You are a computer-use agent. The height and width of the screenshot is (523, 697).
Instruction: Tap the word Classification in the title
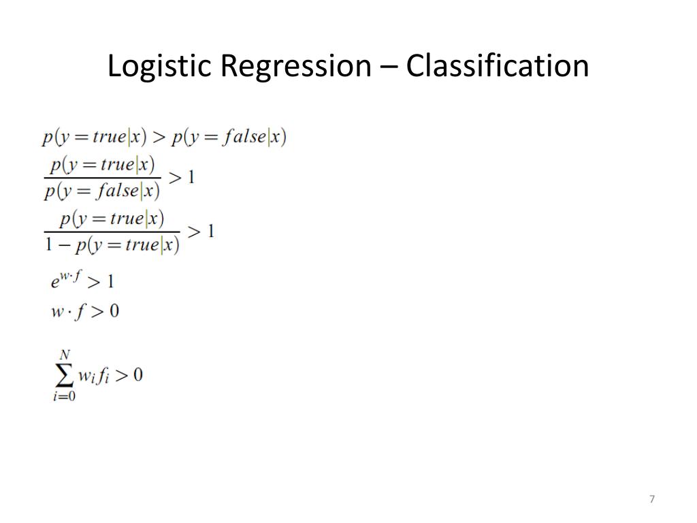point(498,67)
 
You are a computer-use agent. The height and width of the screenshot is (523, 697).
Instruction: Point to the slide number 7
point(652,500)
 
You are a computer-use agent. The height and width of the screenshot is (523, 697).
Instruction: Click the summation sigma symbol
point(63,375)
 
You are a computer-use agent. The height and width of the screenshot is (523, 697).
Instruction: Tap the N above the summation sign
point(65,354)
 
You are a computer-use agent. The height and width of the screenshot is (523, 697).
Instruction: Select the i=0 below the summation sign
point(64,397)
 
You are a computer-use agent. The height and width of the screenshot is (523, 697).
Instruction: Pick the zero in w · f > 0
point(114,311)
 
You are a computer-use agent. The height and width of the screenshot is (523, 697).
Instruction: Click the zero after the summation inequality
point(137,375)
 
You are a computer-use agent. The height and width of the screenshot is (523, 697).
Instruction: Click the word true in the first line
point(110,137)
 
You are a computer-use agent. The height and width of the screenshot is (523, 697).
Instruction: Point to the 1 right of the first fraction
point(191,178)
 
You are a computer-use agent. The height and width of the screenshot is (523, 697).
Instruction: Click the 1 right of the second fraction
point(210,232)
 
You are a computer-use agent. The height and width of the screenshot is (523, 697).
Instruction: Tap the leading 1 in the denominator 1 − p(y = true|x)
point(49,244)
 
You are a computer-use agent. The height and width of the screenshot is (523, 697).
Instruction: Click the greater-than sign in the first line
point(159,138)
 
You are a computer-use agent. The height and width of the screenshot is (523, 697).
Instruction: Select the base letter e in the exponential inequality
point(56,282)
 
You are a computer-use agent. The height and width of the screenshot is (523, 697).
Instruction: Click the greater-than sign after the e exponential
point(94,281)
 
